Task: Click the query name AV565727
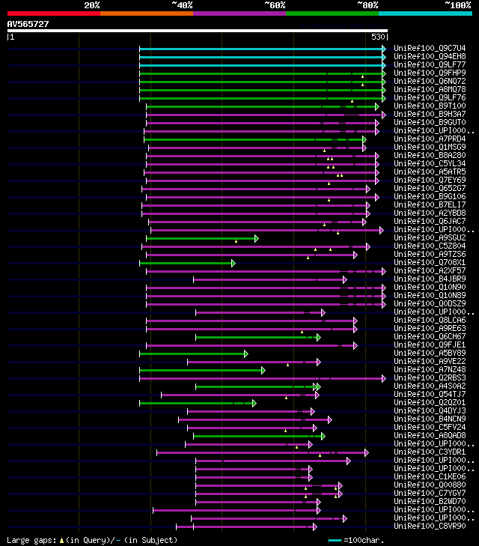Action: (x=28, y=24)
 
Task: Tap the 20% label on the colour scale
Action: (x=92, y=5)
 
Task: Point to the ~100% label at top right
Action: (x=458, y=5)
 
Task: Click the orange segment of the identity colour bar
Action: (x=146, y=13)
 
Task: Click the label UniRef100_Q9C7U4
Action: (x=430, y=48)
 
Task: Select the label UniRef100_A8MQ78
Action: (x=430, y=89)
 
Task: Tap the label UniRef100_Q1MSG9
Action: (x=430, y=147)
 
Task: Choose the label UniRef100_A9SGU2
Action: (x=430, y=237)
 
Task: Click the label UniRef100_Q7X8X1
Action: (x=430, y=263)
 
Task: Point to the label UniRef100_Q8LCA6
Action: (x=430, y=320)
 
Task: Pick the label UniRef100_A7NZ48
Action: (x=430, y=369)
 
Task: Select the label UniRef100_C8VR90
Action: (x=430, y=526)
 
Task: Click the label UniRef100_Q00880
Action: (x=430, y=485)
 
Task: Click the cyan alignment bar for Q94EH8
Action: (x=262, y=56)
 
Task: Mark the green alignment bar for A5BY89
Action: (x=192, y=354)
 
